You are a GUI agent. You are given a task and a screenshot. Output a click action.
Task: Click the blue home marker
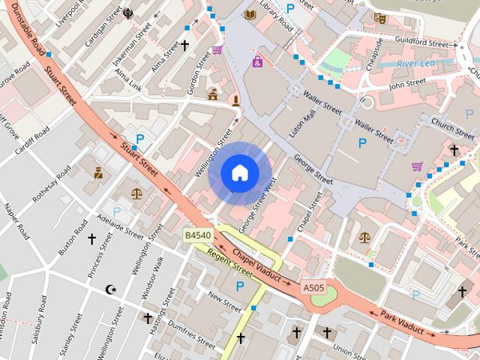[x=239, y=173]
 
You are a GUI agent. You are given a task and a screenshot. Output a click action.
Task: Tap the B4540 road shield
[x=198, y=235]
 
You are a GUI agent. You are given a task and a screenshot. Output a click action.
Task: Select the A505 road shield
[x=313, y=287]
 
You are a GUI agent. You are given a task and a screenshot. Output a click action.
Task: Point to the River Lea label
[x=416, y=64]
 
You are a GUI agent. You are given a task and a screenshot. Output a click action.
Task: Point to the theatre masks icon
[x=380, y=17]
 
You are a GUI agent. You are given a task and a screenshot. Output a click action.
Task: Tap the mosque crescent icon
[x=112, y=289]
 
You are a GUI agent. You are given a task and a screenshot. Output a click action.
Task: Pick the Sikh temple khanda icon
[x=128, y=13]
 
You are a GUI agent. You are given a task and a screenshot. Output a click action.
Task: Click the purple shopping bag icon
[x=257, y=61]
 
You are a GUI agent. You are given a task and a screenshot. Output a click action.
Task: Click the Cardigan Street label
[x=103, y=26]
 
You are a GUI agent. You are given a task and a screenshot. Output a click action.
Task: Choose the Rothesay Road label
[x=52, y=184]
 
